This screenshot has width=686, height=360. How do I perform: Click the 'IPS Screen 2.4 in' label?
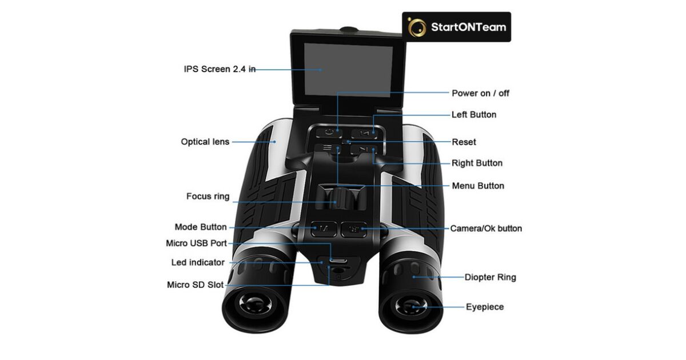tap(219, 69)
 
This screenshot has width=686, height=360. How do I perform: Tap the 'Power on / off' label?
tap(480, 93)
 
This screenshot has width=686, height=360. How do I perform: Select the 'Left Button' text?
tap(474, 115)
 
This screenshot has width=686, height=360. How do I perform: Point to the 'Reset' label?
tap(464, 142)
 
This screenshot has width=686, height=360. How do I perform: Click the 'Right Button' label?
tap(477, 163)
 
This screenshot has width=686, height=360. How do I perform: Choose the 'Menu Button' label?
tap(478, 186)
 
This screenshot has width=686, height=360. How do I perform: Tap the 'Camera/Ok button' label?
tap(486, 229)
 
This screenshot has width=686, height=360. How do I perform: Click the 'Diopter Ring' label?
tap(490, 277)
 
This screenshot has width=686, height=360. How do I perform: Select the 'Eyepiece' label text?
tap(485, 307)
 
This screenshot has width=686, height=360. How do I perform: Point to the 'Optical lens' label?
tap(205, 142)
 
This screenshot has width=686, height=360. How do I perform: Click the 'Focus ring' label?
tap(208, 197)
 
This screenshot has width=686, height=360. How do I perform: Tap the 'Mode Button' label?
tap(201, 227)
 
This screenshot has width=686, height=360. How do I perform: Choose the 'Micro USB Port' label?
tap(196, 243)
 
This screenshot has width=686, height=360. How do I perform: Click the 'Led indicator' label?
tap(198, 263)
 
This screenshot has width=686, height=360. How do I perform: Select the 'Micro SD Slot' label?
tap(195, 285)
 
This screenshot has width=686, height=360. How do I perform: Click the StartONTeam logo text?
tap(468, 27)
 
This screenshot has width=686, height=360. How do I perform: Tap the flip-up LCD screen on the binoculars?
tap(348, 69)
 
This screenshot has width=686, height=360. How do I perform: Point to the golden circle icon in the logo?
tap(417, 27)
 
